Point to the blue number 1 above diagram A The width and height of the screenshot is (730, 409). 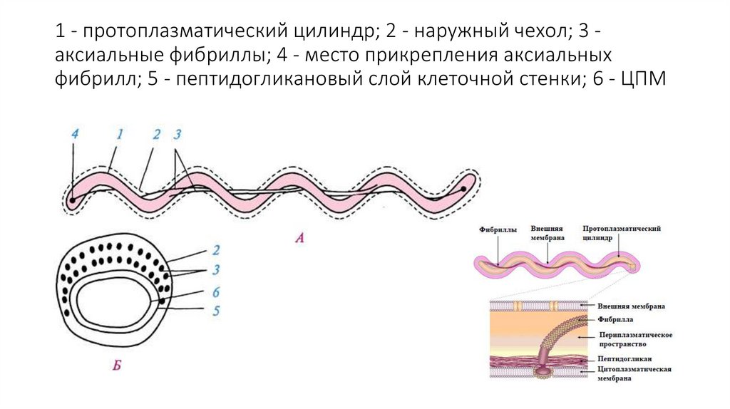pos(120,133)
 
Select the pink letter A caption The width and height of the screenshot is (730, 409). pos(299,239)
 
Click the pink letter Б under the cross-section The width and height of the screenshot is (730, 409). pos(117,366)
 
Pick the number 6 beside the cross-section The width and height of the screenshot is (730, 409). pos(215,292)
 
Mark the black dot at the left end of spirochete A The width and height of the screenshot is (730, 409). pos(72,200)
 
